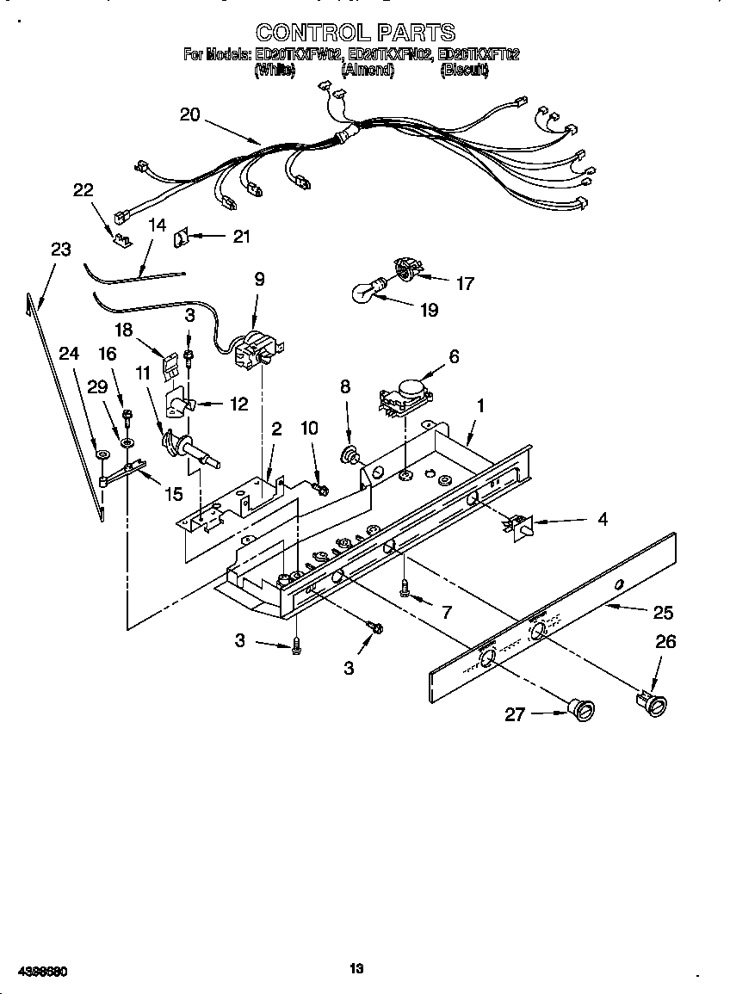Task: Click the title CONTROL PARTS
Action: [356, 33]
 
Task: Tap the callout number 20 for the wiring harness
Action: [190, 114]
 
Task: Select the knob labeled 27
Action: [581, 709]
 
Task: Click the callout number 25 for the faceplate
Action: [663, 612]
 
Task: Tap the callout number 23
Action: [60, 250]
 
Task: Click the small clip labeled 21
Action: [182, 237]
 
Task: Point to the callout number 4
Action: [603, 519]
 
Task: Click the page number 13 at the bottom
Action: [356, 969]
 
